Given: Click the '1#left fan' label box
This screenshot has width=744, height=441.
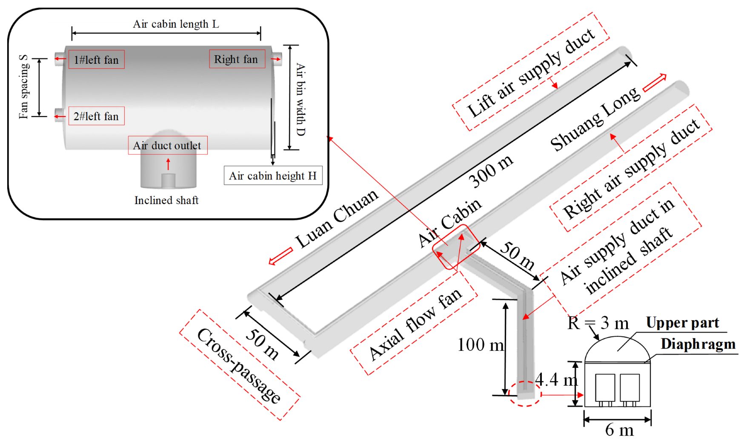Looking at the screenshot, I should (x=96, y=60).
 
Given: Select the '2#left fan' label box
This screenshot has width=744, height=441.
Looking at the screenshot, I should (x=96, y=116).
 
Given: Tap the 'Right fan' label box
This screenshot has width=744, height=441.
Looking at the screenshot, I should (x=237, y=59).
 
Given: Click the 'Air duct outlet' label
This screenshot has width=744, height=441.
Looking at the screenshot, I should (x=167, y=145).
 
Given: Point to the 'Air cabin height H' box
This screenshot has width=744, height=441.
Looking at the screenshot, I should (x=273, y=176).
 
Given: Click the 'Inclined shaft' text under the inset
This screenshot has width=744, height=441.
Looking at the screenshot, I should (x=166, y=200).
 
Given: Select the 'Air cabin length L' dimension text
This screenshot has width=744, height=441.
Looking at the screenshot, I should (x=176, y=24).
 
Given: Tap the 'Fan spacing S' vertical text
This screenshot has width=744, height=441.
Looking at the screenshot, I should (x=24, y=87).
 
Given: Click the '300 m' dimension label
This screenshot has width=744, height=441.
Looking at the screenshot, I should (x=491, y=171).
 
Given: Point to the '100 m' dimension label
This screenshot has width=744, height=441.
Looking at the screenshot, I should (x=480, y=344).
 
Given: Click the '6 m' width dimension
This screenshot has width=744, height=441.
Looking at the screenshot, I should (x=619, y=430).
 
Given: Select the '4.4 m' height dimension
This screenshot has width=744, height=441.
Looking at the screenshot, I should (x=556, y=379).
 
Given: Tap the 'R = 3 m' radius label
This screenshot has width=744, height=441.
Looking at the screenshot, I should (x=598, y=324).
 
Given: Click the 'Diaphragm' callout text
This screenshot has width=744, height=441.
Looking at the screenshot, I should (x=698, y=344).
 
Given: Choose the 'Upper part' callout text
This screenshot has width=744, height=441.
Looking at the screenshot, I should (x=682, y=323).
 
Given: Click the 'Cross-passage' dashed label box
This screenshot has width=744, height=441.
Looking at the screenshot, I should (x=240, y=365).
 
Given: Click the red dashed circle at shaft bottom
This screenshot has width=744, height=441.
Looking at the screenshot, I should (x=525, y=394).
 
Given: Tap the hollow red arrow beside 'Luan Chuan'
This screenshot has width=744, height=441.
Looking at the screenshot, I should (x=281, y=256).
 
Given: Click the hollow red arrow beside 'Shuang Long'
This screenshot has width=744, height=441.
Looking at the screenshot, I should (x=655, y=83).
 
